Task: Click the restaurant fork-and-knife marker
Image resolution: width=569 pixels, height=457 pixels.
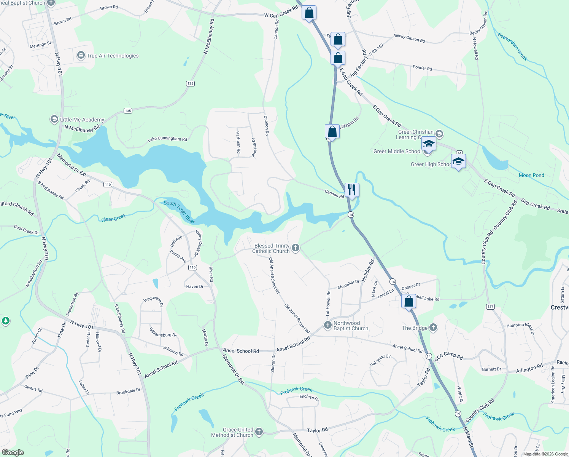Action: pyautogui.click(x=352, y=190)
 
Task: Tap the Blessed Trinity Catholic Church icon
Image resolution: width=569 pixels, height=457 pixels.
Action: pyautogui.click(x=296, y=248)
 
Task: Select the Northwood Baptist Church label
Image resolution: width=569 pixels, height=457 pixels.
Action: pyautogui.click(x=351, y=326)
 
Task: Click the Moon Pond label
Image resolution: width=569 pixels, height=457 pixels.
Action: pyautogui.click(x=531, y=175)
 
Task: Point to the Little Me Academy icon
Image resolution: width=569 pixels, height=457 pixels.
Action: pyautogui.click(x=54, y=120)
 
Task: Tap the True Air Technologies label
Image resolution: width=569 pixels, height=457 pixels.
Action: pyautogui.click(x=113, y=56)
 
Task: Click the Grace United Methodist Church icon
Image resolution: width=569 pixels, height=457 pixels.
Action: pyautogui.click(x=259, y=431)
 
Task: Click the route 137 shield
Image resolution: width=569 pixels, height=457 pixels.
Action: pyautogui.click(x=490, y=307)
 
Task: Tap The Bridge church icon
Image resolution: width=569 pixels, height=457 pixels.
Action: pyautogui.click(x=433, y=328)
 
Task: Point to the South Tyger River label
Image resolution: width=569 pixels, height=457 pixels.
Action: pyautogui.click(x=179, y=212)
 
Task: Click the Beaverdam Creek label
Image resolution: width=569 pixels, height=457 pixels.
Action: pyautogui.click(x=513, y=46)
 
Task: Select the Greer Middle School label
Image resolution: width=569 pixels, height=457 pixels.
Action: pyautogui.click(x=397, y=151)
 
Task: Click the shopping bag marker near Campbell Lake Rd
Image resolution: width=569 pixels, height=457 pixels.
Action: pyautogui.click(x=408, y=302)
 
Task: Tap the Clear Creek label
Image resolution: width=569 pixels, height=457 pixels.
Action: pyautogui.click(x=113, y=218)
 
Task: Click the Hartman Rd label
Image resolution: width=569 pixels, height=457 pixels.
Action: pyautogui.click(x=238, y=142)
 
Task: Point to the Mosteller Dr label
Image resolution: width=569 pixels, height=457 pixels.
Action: pyautogui.click(x=348, y=284)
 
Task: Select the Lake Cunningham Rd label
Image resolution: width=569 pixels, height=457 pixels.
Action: pyautogui.click(x=167, y=139)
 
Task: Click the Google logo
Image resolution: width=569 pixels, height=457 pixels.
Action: pyautogui.click(x=13, y=452)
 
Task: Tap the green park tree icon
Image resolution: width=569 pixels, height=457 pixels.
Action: pyautogui.click(x=5, y=321)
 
